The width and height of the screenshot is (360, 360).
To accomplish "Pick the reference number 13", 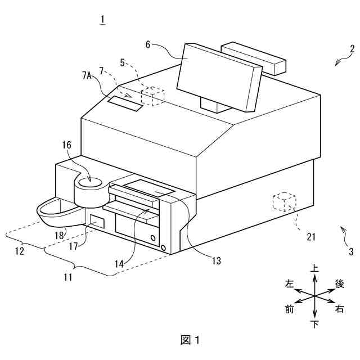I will [216, 261].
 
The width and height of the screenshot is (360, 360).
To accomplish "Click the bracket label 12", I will [20, 250].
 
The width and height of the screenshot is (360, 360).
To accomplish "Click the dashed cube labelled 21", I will [284, 201].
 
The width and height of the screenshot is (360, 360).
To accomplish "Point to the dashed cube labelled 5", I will [152, 96].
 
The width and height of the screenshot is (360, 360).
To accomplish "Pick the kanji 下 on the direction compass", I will [314, 324].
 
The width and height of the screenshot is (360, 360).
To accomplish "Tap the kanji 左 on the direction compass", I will [290, 285].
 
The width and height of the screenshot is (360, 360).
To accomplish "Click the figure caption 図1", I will [190, 340].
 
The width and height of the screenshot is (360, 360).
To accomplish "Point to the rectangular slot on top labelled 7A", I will [124, 104].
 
